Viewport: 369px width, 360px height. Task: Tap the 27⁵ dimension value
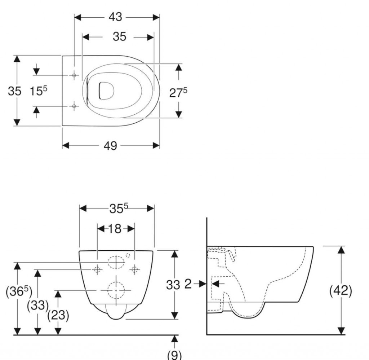tap(178, 92)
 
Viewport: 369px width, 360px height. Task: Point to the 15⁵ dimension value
tap(39, 91)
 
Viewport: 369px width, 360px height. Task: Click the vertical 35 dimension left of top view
tap(14, 91)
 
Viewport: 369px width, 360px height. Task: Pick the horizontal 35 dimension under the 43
tap(119, 36)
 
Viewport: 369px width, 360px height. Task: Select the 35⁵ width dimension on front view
tap(119, 208)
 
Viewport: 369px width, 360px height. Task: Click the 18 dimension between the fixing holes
tap(115, 229)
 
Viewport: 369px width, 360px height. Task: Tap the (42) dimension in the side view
tap(341, 291)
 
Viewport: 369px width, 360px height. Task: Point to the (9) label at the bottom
tap(174, 355)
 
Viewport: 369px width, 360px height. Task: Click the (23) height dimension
tap(58, 315)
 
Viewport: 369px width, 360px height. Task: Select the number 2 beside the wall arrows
tap(188, 284)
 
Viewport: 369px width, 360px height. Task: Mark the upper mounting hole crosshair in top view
tap(74, 75)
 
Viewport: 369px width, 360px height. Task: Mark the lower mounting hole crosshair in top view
tap(74, 106)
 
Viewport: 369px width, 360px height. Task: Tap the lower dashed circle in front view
tap(116, 289)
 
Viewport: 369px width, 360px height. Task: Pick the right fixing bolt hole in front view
tap(134, 269)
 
